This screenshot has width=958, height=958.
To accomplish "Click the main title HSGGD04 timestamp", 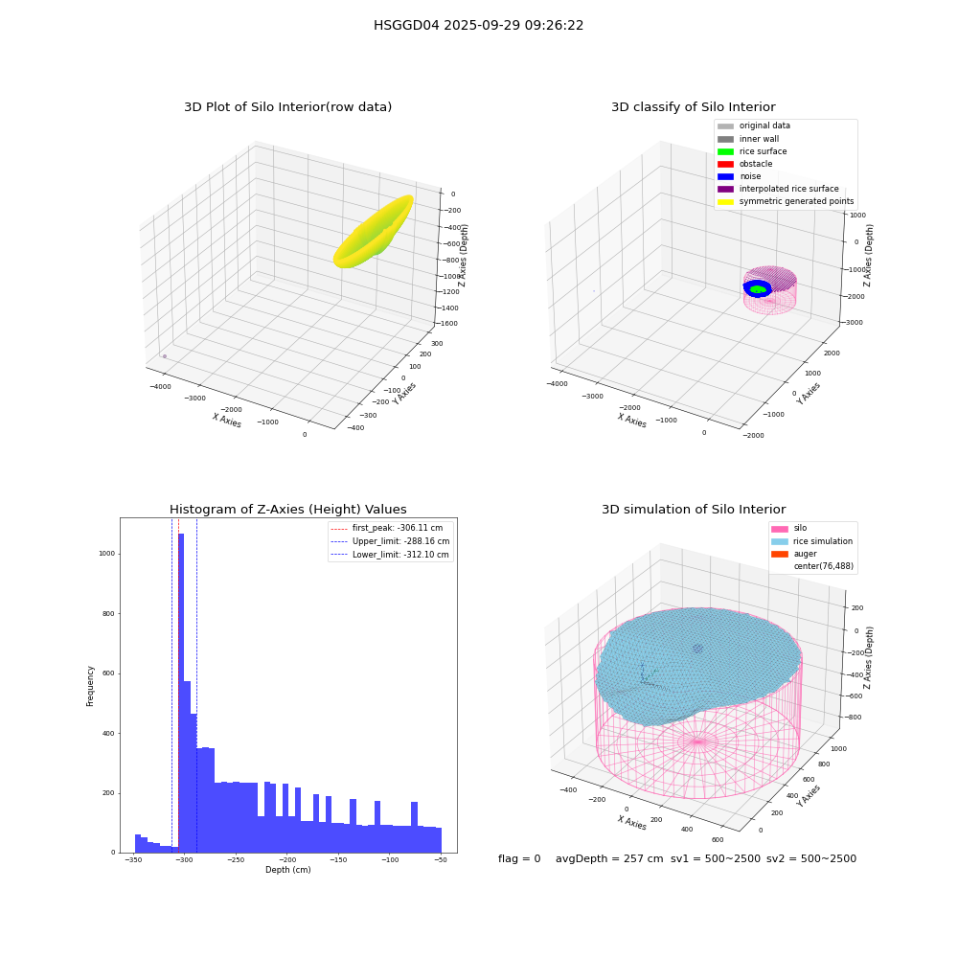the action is click(x=478, y=26).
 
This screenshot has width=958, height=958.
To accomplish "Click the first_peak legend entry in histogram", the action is click(x=387, y=528).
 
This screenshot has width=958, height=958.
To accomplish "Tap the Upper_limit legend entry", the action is click(x=391, y=541).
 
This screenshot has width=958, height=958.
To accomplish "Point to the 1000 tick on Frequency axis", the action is click(x=106, y=554).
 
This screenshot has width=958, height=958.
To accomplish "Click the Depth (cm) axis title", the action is click(x=287, y=870).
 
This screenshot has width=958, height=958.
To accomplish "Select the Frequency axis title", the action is click(x=90, y=686).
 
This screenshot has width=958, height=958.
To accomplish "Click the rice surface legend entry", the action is click(x=752, y=151).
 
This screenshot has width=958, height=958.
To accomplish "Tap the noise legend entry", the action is click(x=739, y=176).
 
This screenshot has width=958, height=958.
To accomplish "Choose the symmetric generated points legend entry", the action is click(x=786, y=201).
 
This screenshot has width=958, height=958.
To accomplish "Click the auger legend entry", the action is click(x=793, y=554).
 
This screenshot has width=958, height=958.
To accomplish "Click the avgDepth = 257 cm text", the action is click(x=609, y=859).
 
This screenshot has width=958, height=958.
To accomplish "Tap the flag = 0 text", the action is click(x=519, y=859).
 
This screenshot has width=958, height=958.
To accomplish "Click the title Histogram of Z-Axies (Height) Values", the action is click(x=287, y=509).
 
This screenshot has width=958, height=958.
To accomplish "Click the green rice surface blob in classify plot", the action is click(x=758, y=289).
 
